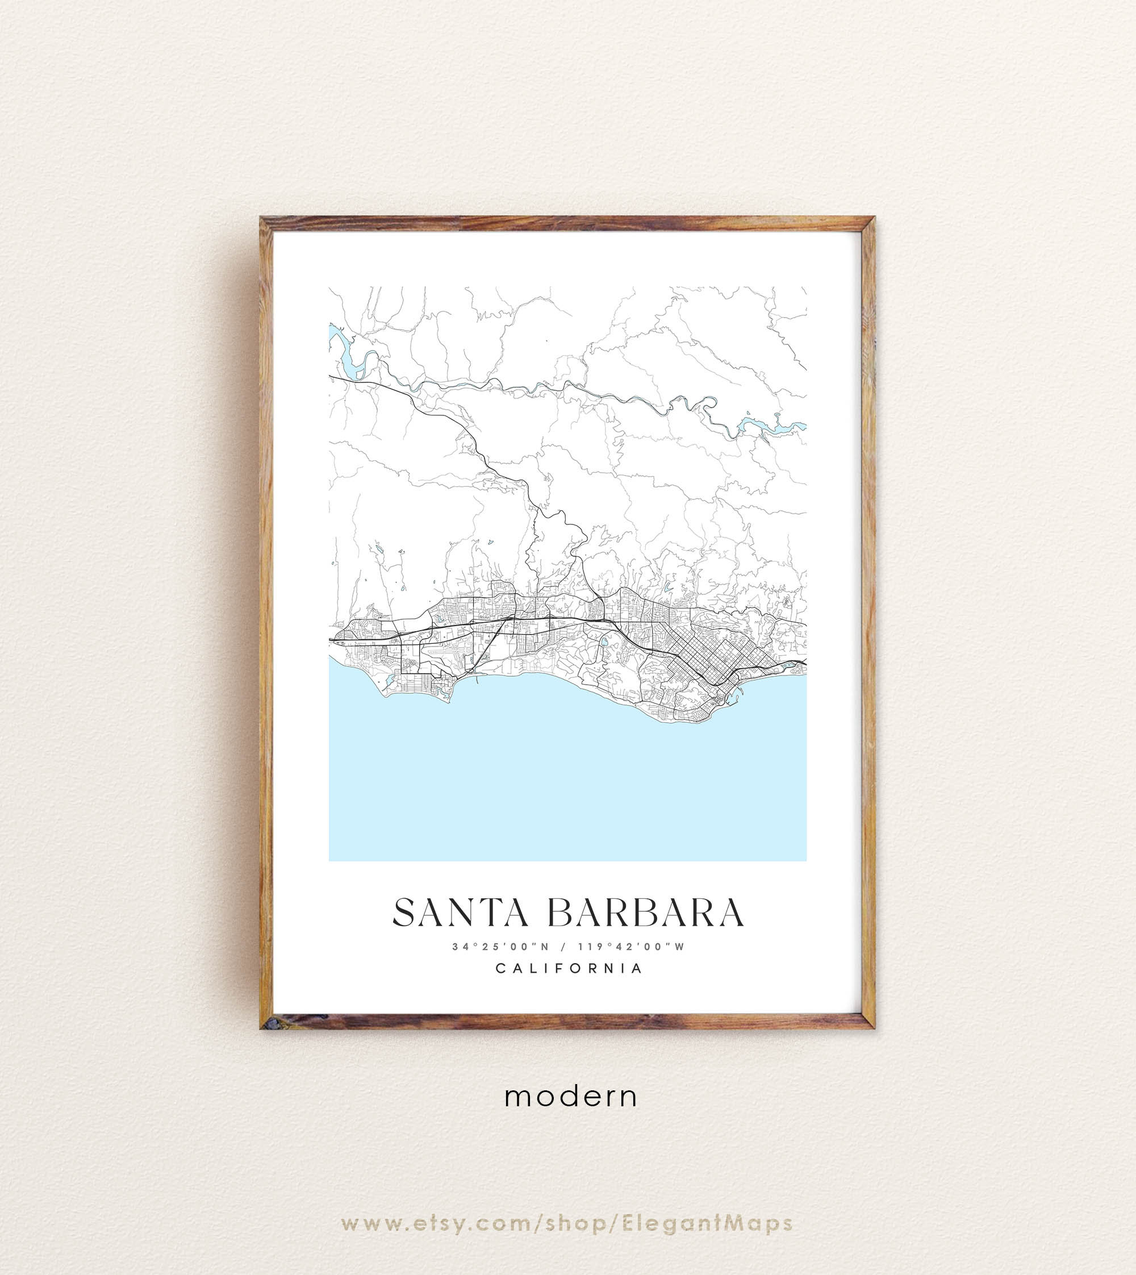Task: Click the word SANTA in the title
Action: [461, 913]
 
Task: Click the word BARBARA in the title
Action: [645, 913]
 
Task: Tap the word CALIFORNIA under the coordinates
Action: [569, 968]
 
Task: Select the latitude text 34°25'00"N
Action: [500, 947]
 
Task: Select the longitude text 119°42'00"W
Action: [631, 947]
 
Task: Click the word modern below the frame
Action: [570, 1097]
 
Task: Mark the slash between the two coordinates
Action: [563, 947]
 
